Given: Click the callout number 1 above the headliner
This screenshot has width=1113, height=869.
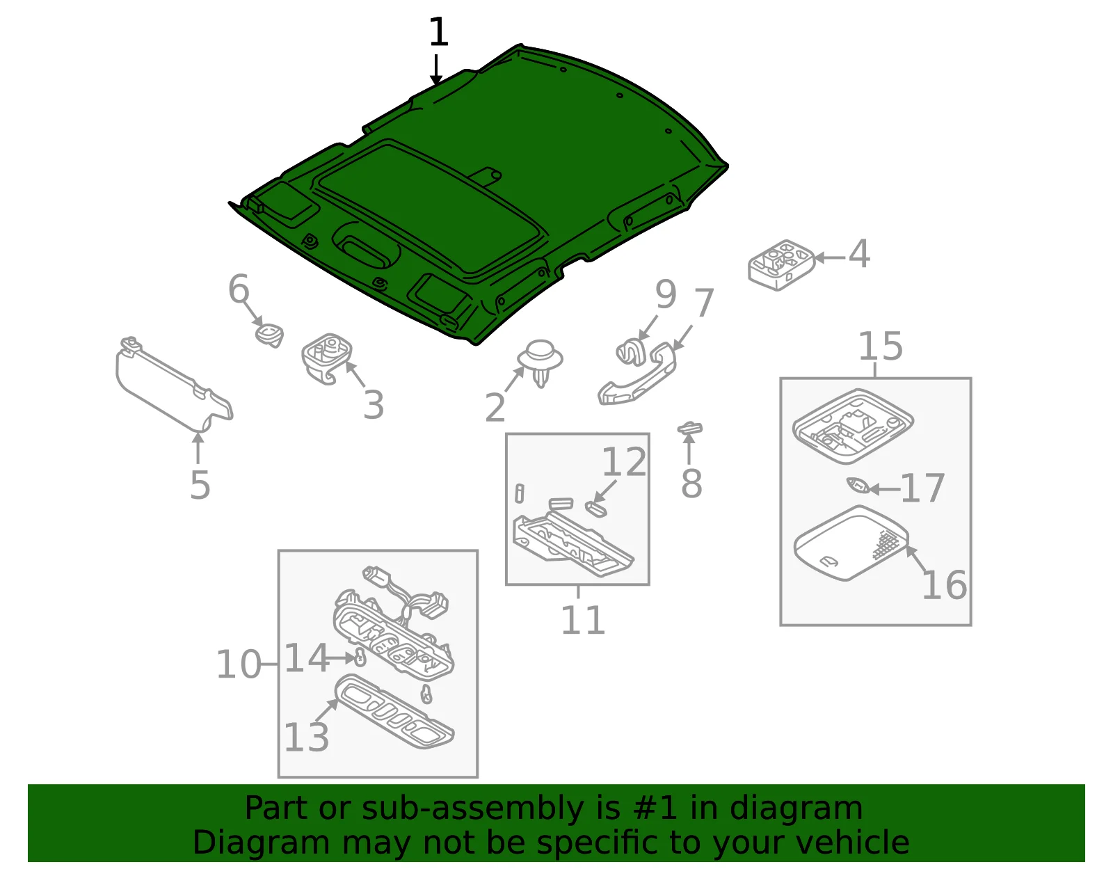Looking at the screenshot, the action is (438, 32).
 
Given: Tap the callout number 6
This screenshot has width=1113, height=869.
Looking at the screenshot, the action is (238, 289).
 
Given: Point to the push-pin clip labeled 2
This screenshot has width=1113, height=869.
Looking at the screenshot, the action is (541, 362).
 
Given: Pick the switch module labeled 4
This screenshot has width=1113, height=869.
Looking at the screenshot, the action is (781, 265).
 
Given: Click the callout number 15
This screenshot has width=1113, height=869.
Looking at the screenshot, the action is (881, 346).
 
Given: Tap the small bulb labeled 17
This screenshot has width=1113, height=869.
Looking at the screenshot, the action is (858, 484).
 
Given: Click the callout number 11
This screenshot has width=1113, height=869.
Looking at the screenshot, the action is (583, 620).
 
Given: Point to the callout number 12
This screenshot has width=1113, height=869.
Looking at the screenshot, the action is (624, 461).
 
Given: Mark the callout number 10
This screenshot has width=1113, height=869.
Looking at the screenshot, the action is (238, 664).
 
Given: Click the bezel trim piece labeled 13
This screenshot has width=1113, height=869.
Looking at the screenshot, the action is (395, 712).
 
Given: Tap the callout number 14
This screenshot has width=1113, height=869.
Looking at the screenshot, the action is (306, 657).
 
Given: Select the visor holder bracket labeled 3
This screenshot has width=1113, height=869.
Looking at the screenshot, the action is (327, 358).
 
